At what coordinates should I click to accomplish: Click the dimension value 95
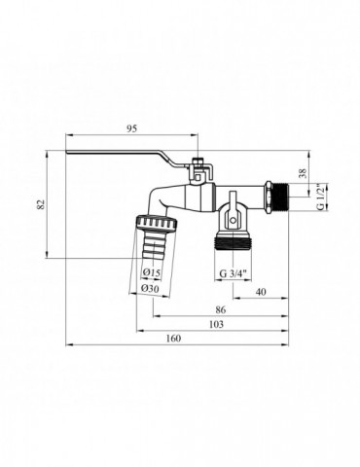132,128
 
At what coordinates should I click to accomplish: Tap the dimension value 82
41,204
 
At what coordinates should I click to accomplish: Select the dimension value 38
303,173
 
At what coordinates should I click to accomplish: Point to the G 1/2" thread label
320,197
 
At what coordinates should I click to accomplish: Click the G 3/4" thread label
234,273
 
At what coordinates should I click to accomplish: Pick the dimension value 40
261,292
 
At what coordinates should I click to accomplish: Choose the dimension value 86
220,309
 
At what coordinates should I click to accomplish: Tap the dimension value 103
216,324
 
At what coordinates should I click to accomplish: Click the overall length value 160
173,339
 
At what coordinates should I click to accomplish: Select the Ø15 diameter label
151,273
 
